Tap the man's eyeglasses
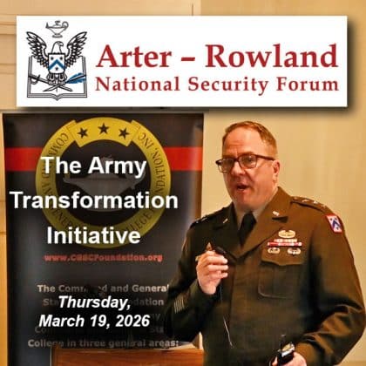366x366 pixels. click(245, 162)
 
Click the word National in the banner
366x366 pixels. click(139, 85)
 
